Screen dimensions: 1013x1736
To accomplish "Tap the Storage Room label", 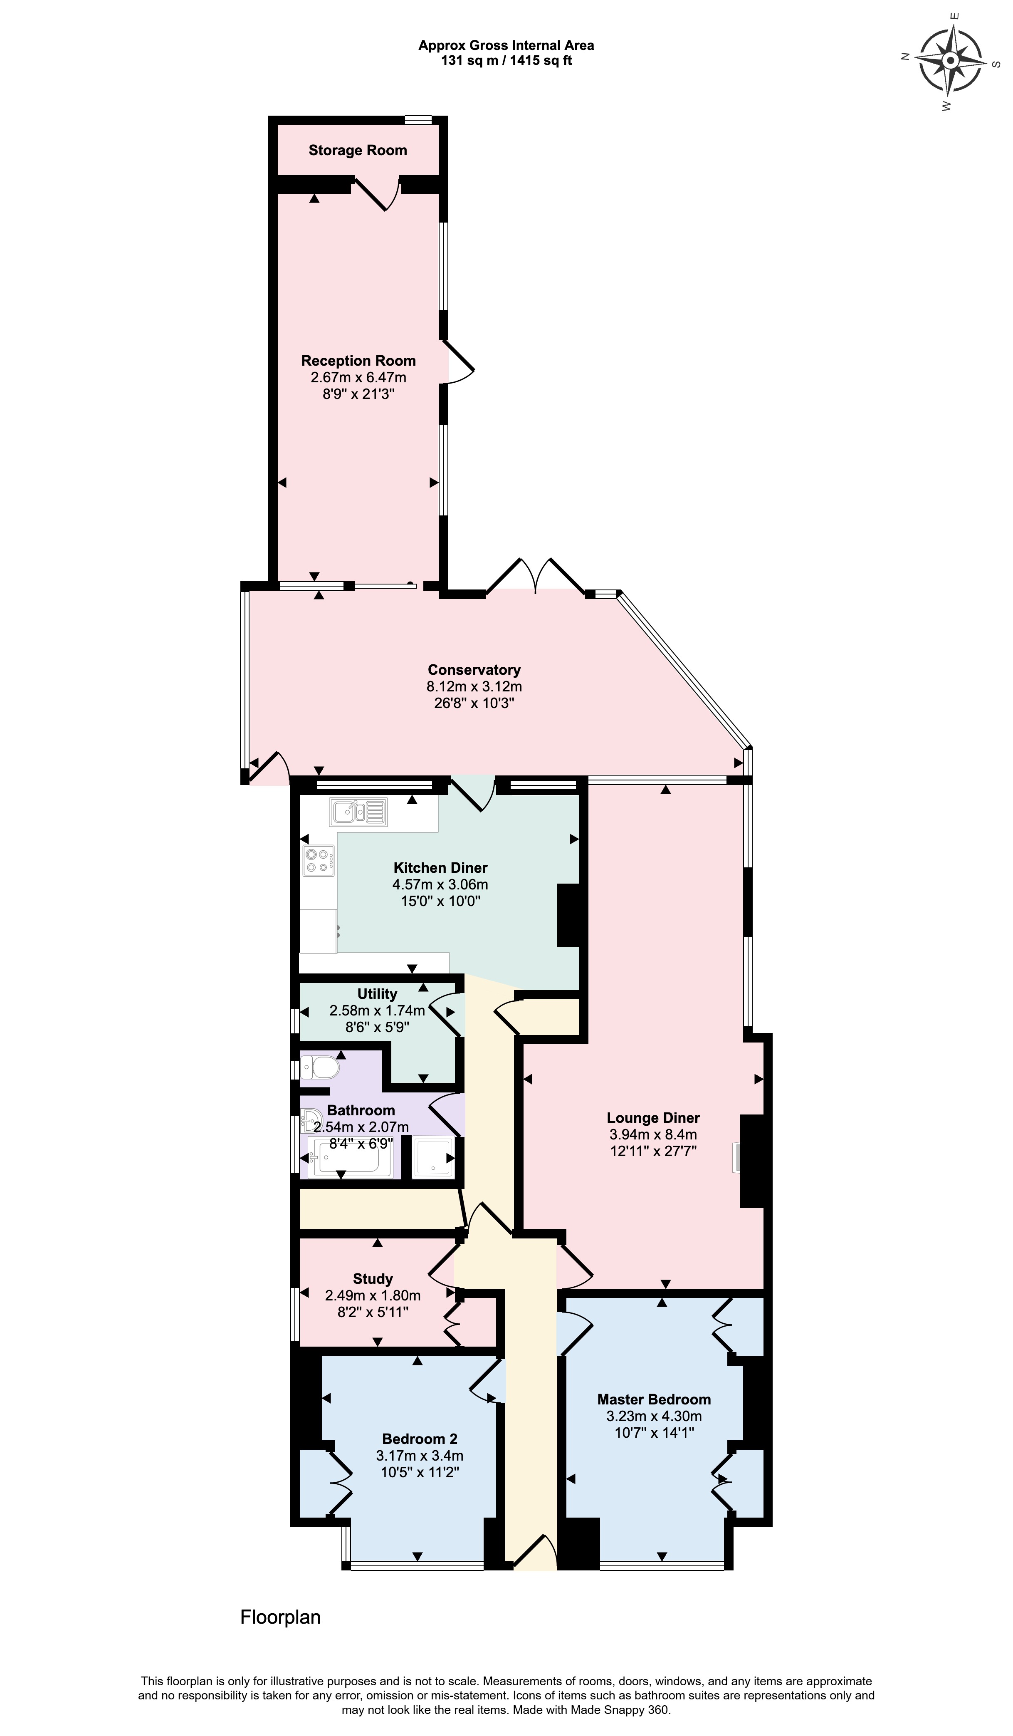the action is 357,150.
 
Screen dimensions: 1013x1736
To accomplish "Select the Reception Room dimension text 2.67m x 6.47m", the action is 358,377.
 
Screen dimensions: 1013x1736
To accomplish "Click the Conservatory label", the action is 474,670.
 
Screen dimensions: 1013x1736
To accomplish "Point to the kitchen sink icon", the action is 359,812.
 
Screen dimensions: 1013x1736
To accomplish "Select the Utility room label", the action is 377,994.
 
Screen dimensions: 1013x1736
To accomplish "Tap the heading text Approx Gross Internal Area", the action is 506,45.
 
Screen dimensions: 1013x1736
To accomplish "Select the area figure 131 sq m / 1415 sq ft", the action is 506,61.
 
